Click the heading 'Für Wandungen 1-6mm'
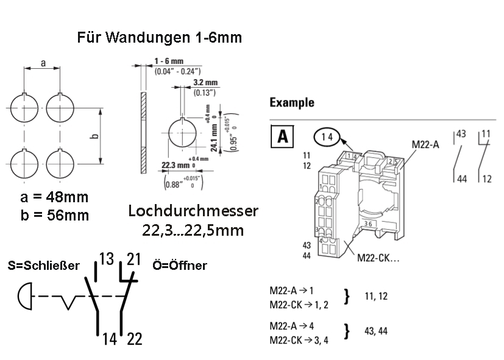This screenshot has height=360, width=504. (x=160, y=38)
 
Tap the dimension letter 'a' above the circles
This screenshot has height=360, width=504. (x=43, y=63)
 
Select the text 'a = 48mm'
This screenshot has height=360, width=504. (x=54, y=198)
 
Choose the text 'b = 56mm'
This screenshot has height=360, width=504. (x=54, y=215)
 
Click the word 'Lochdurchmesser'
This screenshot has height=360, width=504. (x=193, y=211)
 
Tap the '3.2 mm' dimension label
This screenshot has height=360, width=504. (x=205, y=83)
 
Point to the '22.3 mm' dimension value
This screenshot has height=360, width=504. (x=174, y=165)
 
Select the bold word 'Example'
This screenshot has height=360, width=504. (x=292, y=102)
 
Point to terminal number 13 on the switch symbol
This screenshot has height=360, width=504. (x=107, y=259)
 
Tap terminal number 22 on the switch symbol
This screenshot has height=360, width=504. (x=134, y=339)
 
